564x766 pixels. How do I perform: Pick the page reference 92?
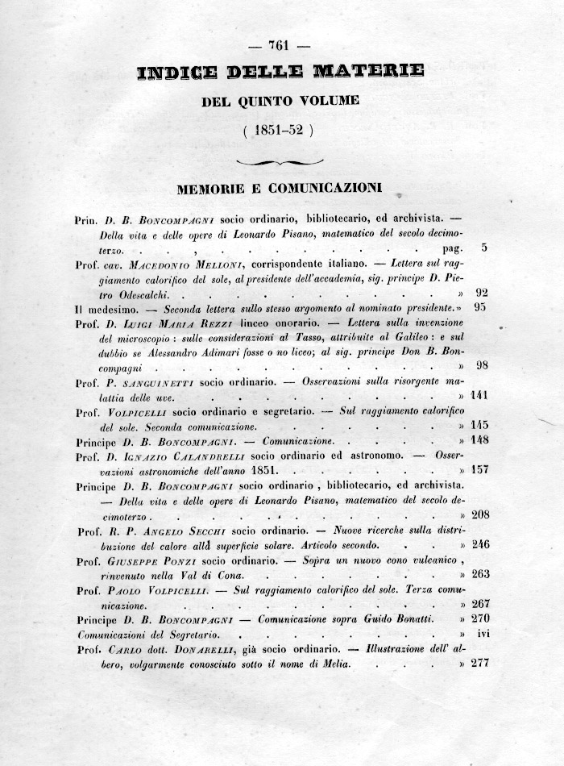pyautogui.click(x=481, y=293)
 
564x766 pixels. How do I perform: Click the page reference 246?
pyautogui.click(x=479, y=544)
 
